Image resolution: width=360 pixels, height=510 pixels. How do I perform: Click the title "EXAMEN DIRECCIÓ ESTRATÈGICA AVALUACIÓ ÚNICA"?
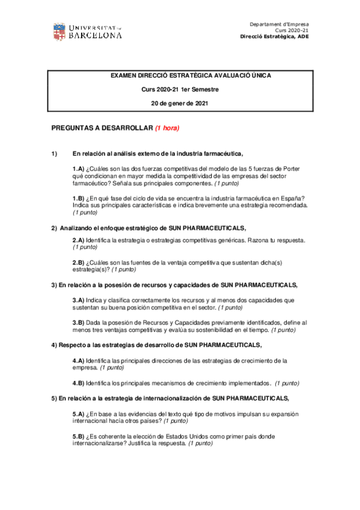pos(191,76)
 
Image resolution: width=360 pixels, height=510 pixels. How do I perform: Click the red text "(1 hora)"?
pos(166,128)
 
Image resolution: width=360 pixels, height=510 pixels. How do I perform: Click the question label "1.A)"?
pos(78,168)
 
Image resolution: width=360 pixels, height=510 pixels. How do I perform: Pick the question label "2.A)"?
pos(78,240)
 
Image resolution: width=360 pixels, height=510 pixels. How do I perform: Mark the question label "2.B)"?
pos(78,263)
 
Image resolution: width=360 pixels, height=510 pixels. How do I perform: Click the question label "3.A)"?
pos(78,300)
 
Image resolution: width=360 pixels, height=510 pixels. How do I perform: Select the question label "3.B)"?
pos(78,323)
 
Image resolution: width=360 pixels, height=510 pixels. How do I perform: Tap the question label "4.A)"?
pos(78,360)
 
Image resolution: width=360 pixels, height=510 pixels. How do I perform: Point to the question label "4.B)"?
pos(78,383)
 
